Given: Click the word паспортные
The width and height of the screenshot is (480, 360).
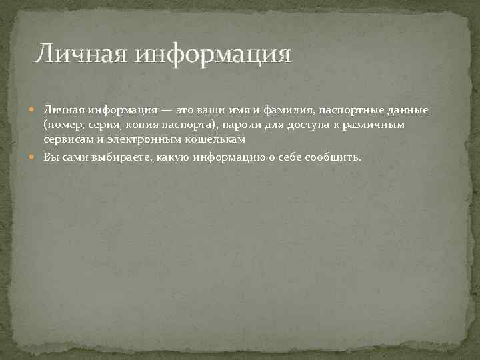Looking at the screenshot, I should pyautogui.click(x=342, y=109).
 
